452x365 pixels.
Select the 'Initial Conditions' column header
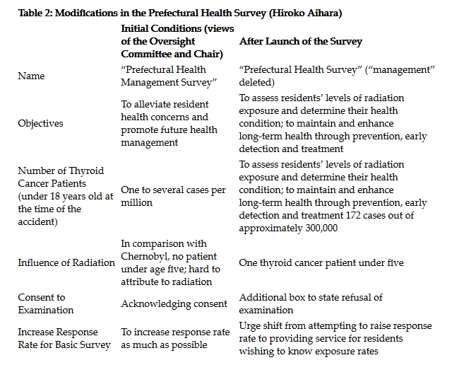click(x=172, y=41)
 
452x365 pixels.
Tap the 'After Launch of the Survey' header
click(x=301, y=41)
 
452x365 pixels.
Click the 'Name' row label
click(x=32, y=76)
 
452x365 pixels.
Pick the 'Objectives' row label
click(x=40, y=123)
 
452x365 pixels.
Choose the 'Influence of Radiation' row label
click(x=66, y=262)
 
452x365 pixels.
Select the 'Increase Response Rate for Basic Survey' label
click(x=64, y=337)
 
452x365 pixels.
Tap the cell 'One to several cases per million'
click(x=173, y=196)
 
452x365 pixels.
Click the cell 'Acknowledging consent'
click(x=174, y=303)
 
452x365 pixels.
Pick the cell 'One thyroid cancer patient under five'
click(x=321, y=262)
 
